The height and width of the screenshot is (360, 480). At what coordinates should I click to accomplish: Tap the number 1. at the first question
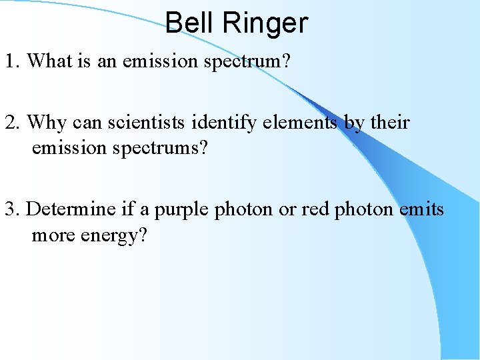coord(13,61)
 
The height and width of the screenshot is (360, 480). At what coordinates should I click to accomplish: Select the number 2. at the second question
coord(13,123)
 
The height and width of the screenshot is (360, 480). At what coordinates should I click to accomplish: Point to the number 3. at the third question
coord(13,209)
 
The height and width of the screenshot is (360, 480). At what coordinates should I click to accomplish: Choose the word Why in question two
coord(47,123)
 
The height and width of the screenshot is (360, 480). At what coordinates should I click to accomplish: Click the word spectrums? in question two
coord(165,147)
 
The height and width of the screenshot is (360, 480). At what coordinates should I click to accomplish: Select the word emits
coord(421,209)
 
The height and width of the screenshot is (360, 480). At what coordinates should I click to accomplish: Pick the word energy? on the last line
coord(113,235)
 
